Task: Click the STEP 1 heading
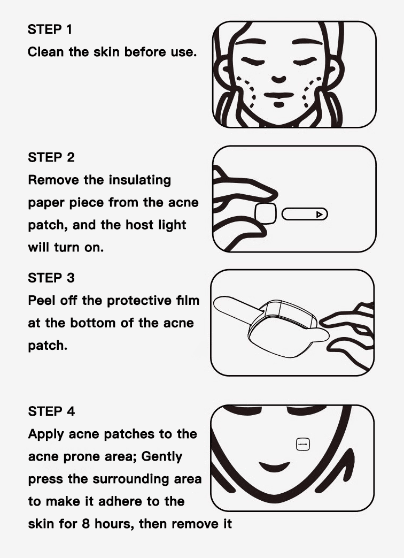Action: click(50, 29)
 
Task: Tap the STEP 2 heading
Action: click(51, 157)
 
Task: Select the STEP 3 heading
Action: click(51, 278)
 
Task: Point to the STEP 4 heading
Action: click(51, 411)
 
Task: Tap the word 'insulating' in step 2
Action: click(139, 180)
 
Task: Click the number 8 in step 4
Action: click(86, 524)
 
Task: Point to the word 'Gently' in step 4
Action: click(162, 456)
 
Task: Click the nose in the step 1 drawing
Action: click(278, 79)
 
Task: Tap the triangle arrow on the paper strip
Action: click(320, 214)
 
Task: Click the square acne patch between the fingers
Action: click(266, 213)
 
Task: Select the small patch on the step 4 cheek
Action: click(303, 445)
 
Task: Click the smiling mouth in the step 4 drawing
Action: click(274, 467)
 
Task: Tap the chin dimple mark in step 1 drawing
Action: click(279, 104)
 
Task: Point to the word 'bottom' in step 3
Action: click(93, 323)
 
